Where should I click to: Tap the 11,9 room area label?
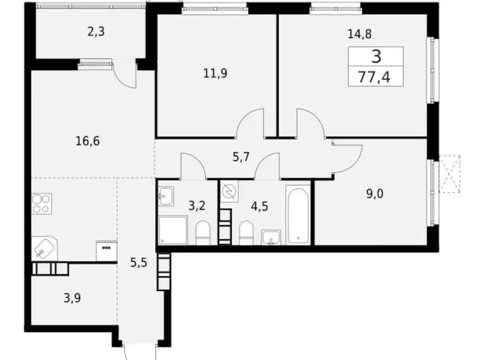(x=215, y=74)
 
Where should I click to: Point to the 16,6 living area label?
(x=87, y=141)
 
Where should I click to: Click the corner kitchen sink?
(x=43, y=248)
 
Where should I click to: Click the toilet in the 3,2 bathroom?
(x=203, y=234)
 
